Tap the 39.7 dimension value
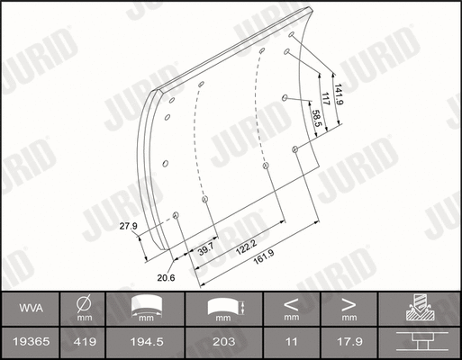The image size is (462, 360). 206,247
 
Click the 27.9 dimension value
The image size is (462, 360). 129,226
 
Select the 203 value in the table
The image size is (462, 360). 225,342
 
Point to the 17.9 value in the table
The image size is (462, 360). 348,342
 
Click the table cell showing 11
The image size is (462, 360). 291,342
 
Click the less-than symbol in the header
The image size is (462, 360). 291,303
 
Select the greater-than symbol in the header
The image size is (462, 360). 348,303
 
